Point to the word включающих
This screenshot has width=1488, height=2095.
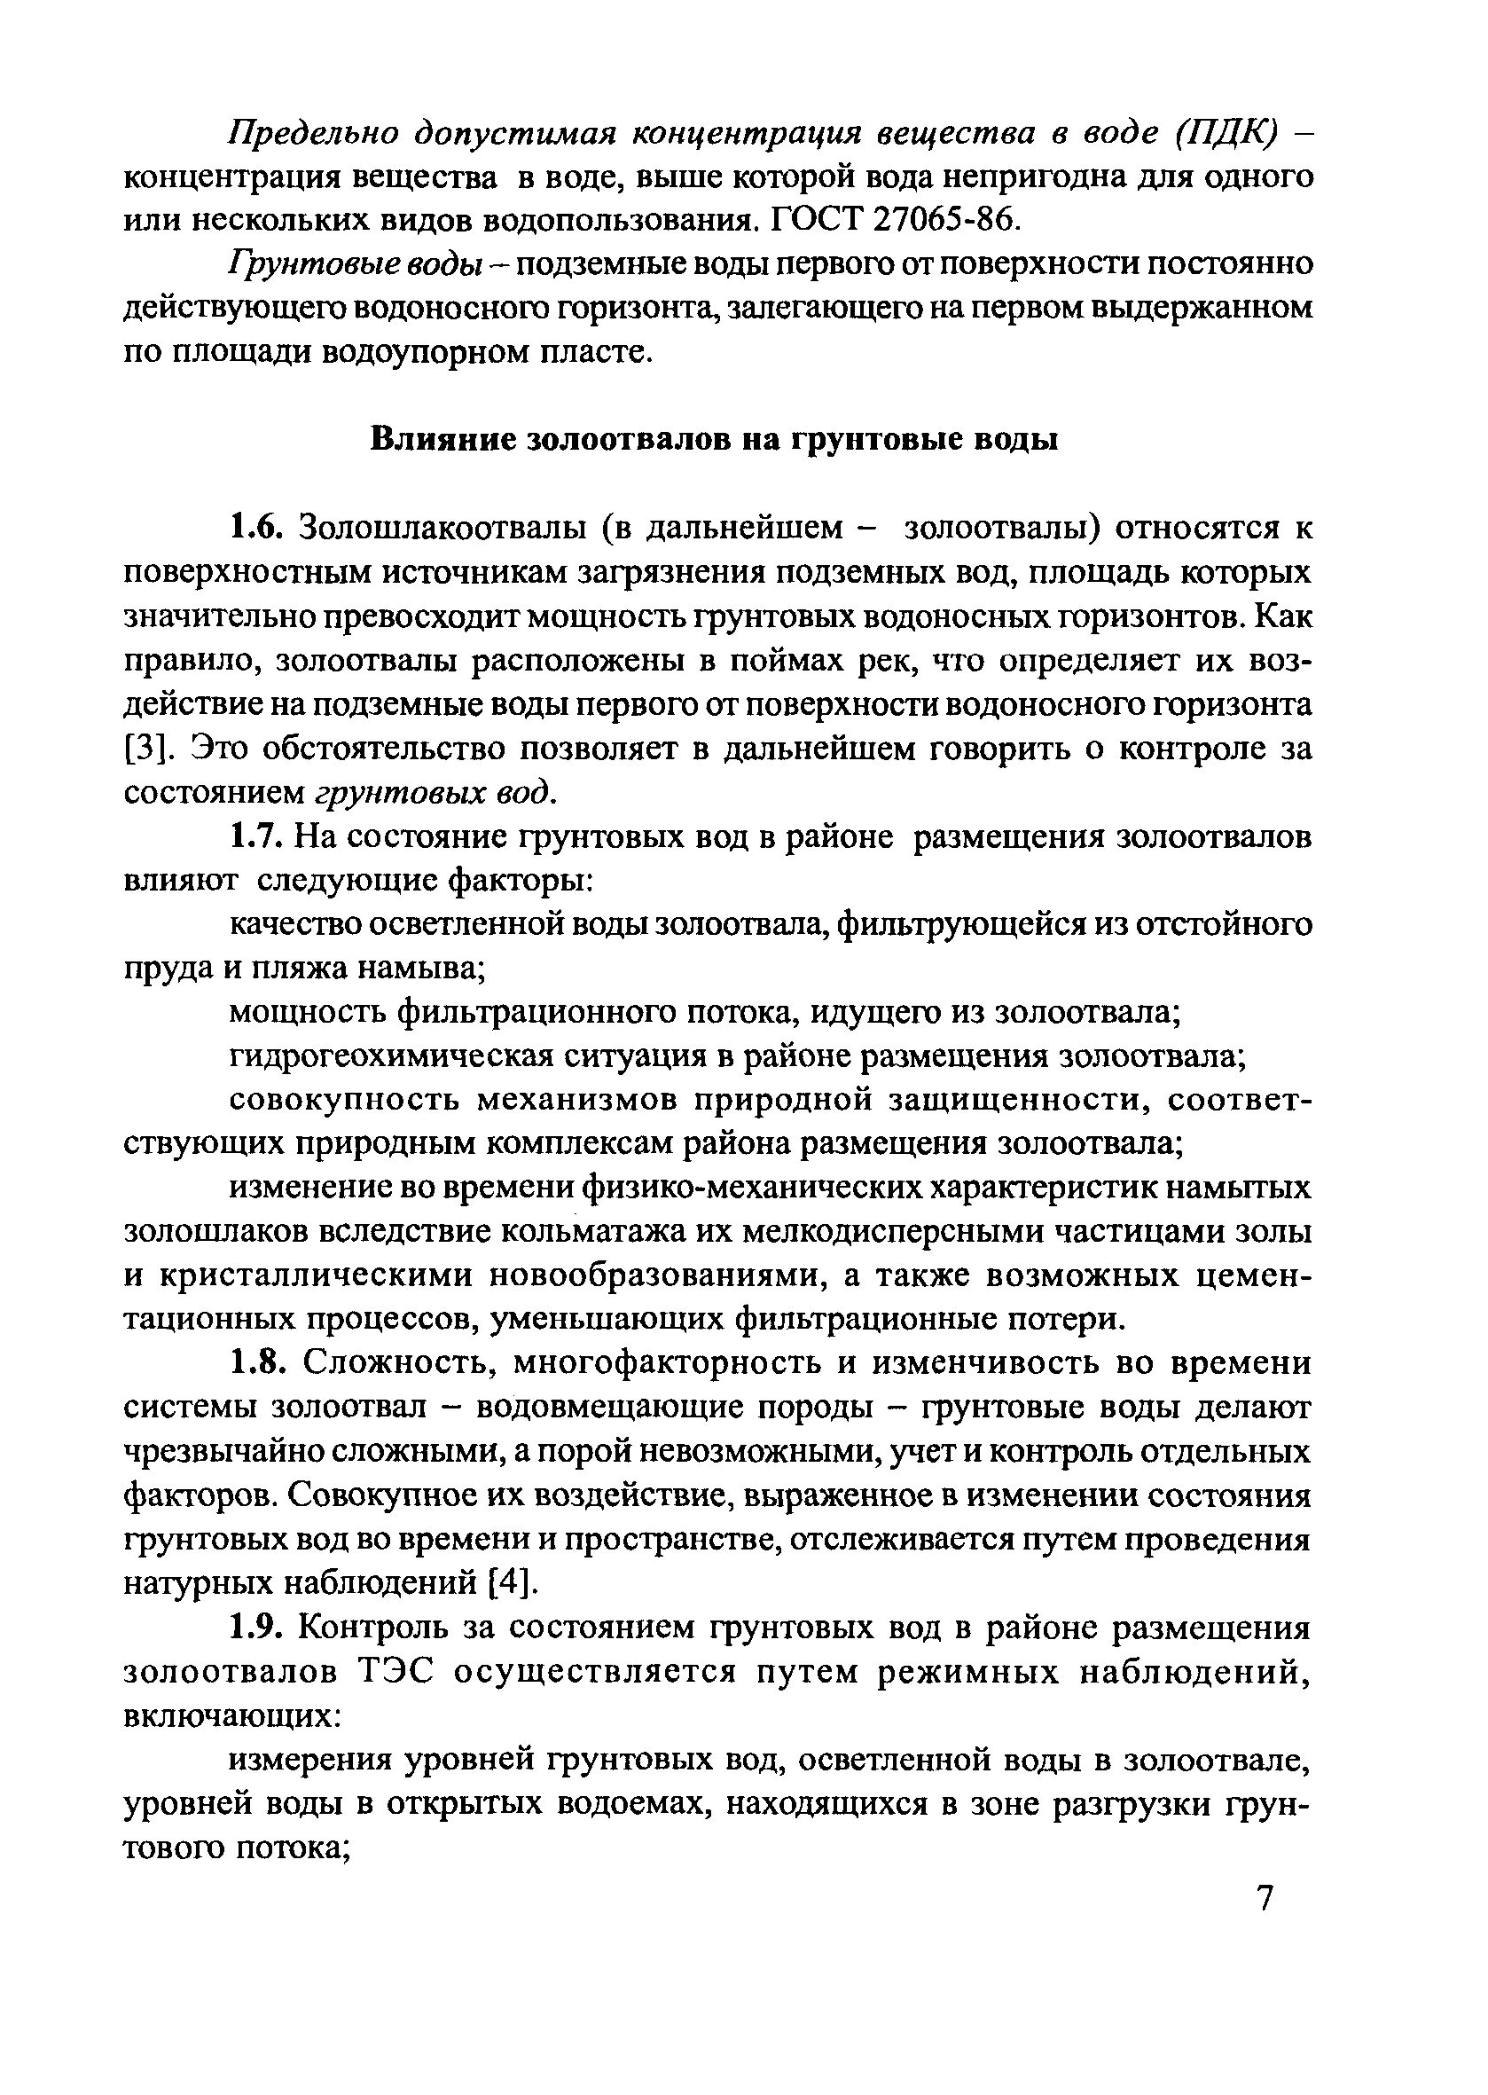tap(232, 1716)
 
